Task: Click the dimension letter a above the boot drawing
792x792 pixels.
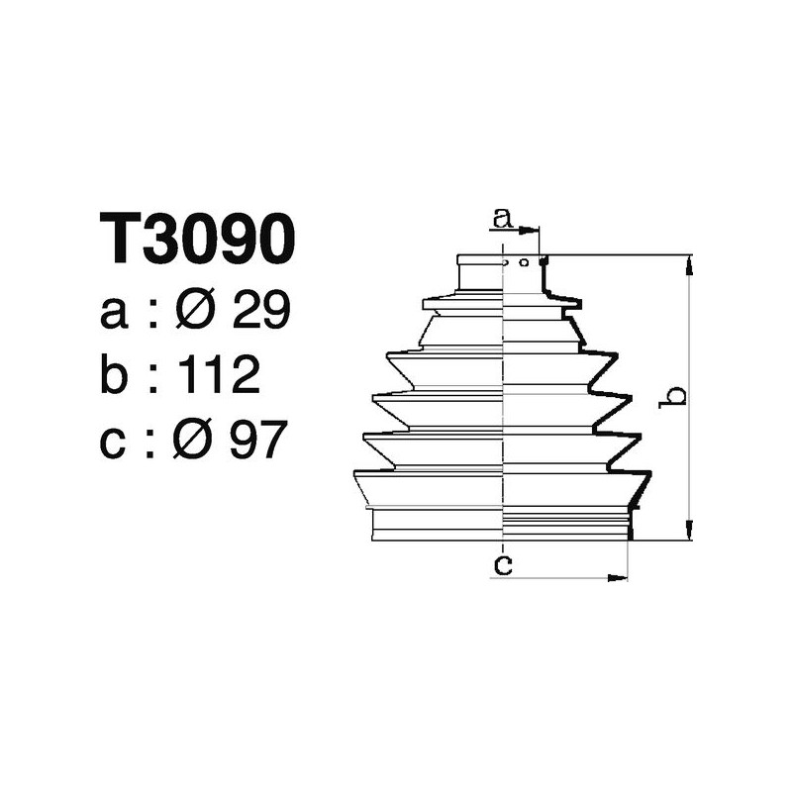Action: click(503, 217)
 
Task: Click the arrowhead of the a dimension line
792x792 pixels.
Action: click(536, 230)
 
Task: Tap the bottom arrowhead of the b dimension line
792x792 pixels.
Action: click(689, 534)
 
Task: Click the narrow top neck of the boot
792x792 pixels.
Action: click(501, 273)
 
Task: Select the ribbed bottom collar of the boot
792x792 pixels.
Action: click(501, 524)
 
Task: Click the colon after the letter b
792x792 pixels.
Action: click(153, 378)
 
